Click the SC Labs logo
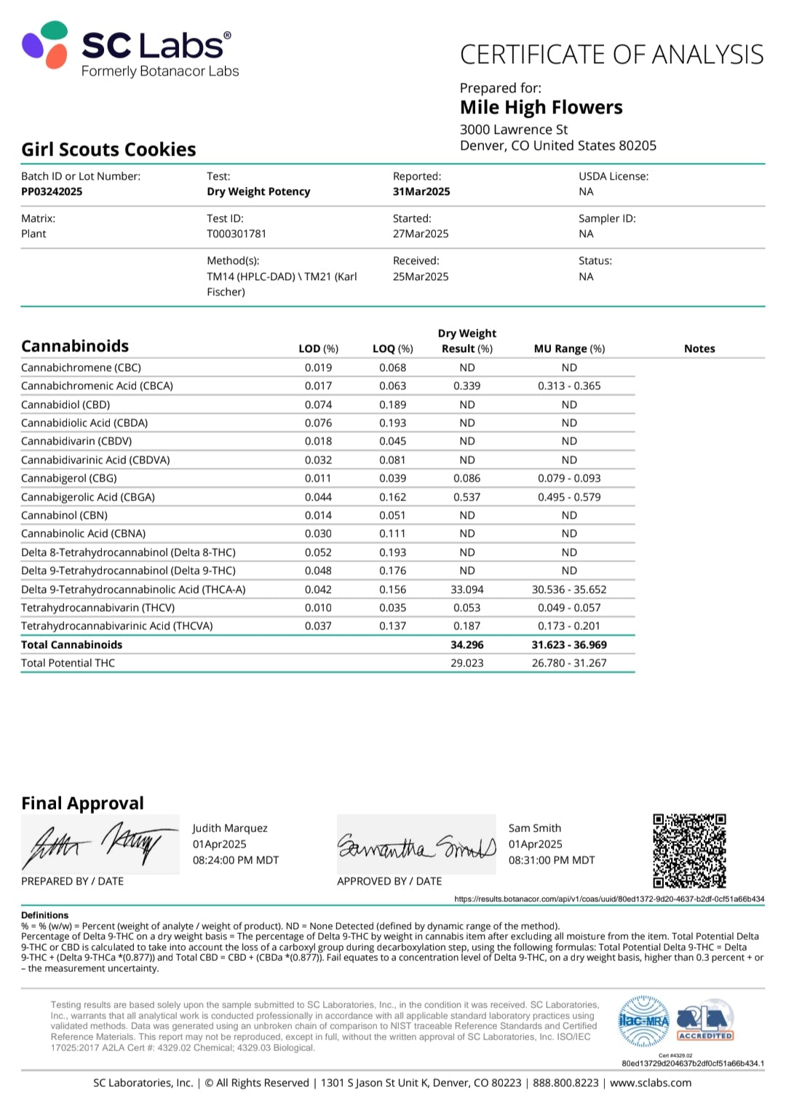pos(127,48)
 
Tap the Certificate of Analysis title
pos(611,55)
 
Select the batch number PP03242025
pos(52,191)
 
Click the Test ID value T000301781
pos(237,233)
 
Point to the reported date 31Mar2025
pos(421,191)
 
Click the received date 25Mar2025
pos(421,276)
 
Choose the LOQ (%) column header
pos(392,348)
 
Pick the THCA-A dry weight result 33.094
pos(467,589)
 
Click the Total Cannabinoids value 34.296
pos(467,644)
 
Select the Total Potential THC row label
pos(68,663)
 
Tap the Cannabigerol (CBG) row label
pos(69,478)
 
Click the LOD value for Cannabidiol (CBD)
pos(318,404)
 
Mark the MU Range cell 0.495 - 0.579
pos(569,497)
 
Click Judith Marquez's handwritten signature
pos(100,844)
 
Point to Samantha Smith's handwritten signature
pos(416,846)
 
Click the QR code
pos(689,850)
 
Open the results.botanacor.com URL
pos(609,899)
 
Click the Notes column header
pos(699,348)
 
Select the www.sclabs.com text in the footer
pos(651,1082)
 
